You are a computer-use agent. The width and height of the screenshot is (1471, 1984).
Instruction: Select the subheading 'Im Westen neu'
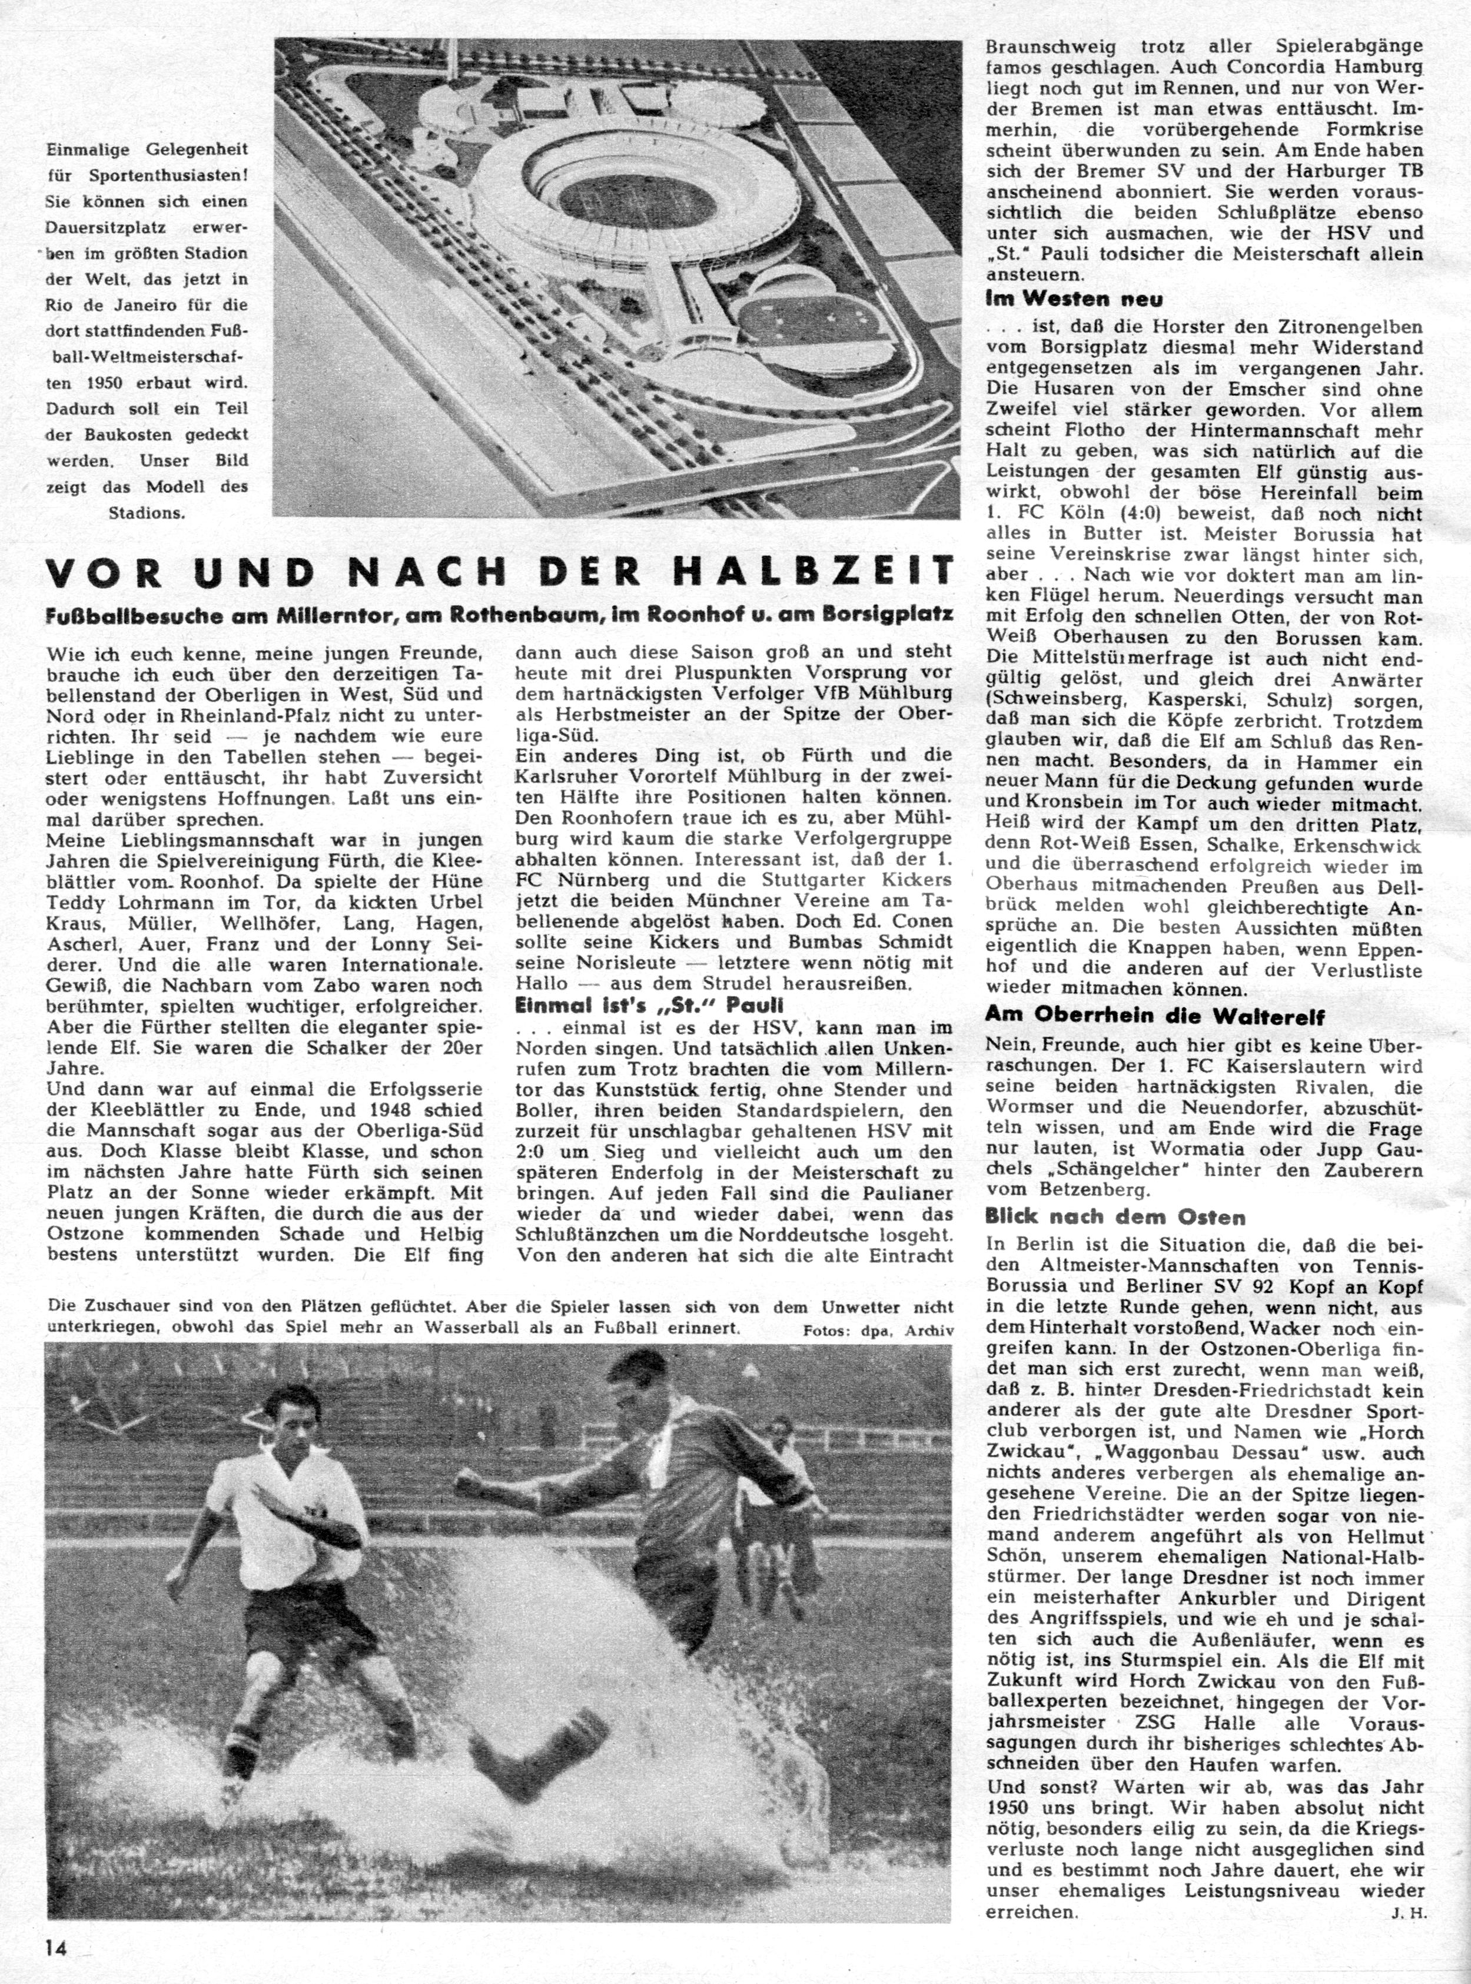click(x=1074, y=300)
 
